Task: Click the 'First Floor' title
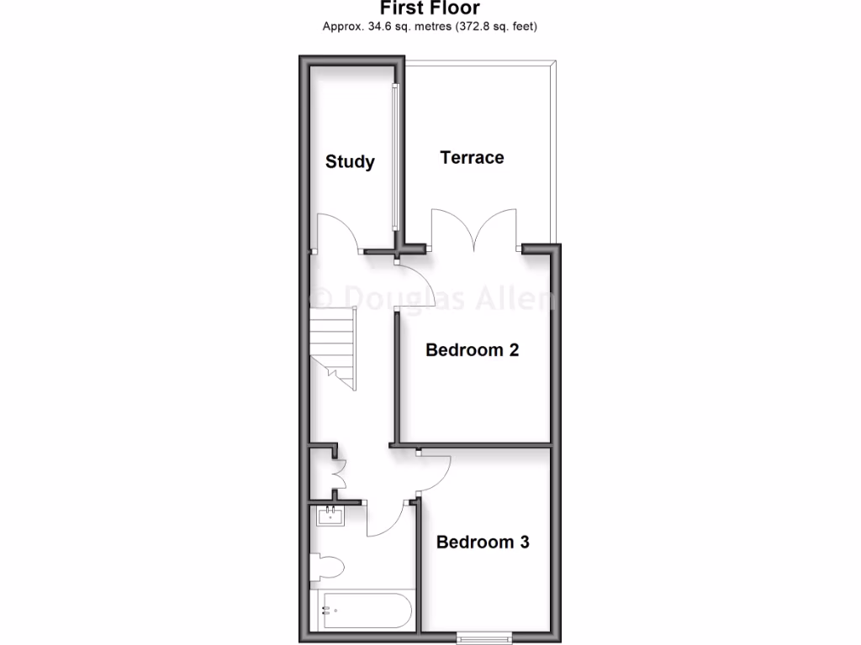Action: [430, 8]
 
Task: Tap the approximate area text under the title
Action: [430, 27]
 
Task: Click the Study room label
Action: [350, 161]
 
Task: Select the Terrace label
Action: [472, 157]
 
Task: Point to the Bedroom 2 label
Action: [472, 349]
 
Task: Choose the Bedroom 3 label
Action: [483, 542]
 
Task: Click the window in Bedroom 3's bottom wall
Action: [483, 638]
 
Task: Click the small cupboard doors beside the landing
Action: [340, 474]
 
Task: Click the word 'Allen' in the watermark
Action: [514, 299]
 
